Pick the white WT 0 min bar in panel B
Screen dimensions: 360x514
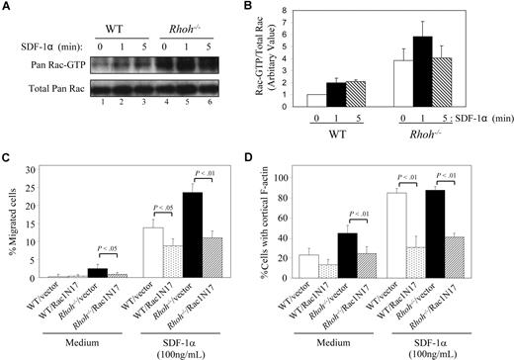tap(314, 101)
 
